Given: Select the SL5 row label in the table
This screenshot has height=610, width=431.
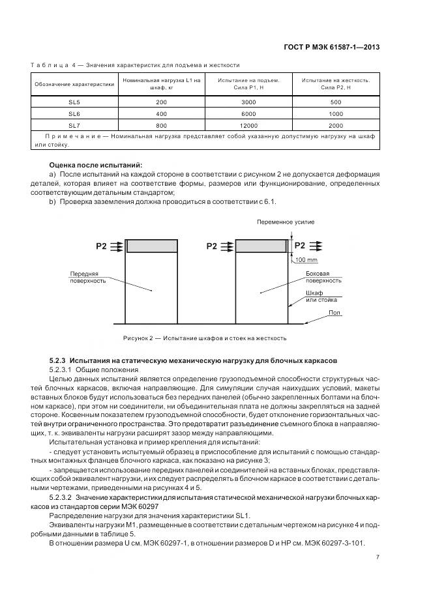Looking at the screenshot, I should point(74,102).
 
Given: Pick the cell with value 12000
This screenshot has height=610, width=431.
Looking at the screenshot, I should point(249,124).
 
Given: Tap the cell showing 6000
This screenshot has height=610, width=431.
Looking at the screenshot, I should point(249,113).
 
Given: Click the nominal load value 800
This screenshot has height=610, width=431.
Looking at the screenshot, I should point(162,124).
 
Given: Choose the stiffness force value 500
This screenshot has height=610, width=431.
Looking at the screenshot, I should point(336,102).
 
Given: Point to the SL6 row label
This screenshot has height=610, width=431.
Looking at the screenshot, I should point(74,113).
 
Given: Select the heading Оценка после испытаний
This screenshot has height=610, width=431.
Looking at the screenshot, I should point(96,165).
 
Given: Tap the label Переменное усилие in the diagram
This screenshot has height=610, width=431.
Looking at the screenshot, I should point(286,222).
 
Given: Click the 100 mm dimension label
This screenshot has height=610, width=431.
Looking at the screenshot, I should point(306,260).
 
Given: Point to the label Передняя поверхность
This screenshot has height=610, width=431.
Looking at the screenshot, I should point(84,277).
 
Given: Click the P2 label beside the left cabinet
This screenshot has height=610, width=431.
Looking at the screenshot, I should point(101,246).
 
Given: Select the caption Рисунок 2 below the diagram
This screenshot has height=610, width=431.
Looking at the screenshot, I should point(204,338).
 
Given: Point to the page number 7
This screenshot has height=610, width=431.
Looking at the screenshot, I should point(378,556).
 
